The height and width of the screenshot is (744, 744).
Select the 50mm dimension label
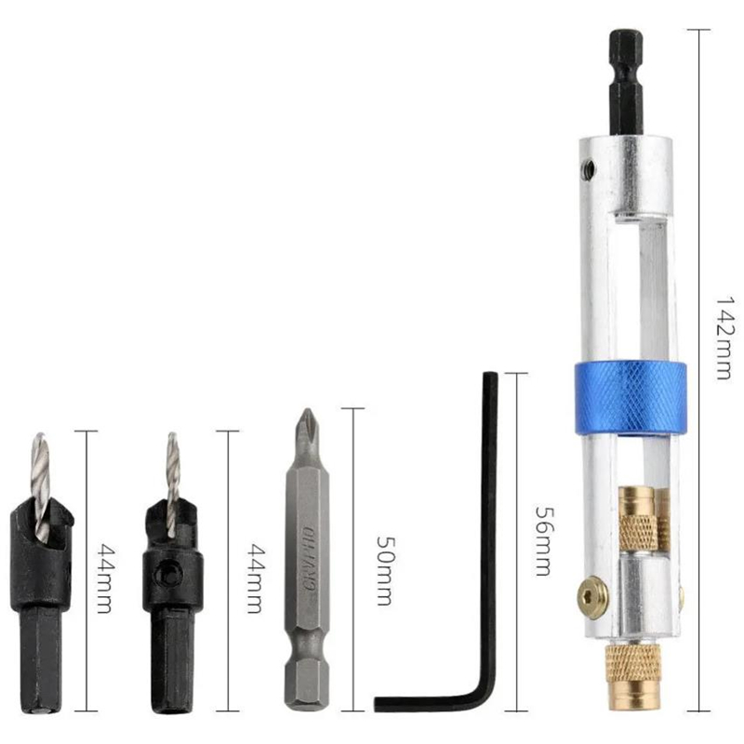[381, 569]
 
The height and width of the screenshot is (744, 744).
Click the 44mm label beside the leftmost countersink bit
[105, 578]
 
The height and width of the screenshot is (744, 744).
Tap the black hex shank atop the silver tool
[624, 84]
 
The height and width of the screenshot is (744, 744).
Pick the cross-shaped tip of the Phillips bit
[304, 430]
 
